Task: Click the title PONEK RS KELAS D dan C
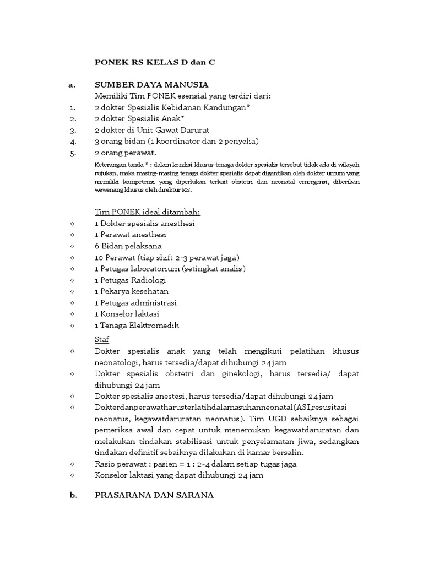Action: point(155,62)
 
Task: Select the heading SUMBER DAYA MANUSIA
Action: point(151,85)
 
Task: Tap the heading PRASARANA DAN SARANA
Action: point(154,495)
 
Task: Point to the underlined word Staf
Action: point(102,339)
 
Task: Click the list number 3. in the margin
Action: point(72,130)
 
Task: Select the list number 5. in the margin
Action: point(72,153)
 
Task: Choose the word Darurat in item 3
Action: point(194,130)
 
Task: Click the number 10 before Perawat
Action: point(99,257)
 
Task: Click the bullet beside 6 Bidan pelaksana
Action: point(72,246)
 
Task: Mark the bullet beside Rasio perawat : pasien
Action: point(72,464)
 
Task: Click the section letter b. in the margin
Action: point(73,495)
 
